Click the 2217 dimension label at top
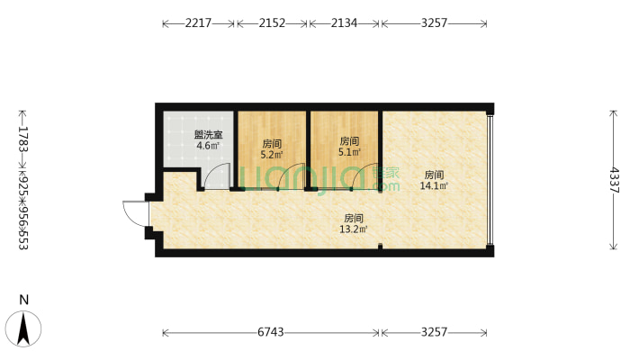pos(198,24)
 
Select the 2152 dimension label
pos(272,24)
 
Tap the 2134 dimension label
pos(344,24)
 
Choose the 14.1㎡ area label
pos(434,186)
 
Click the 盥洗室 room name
pos(208,136)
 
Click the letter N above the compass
pos(25,300)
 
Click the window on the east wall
pos(490,179)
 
